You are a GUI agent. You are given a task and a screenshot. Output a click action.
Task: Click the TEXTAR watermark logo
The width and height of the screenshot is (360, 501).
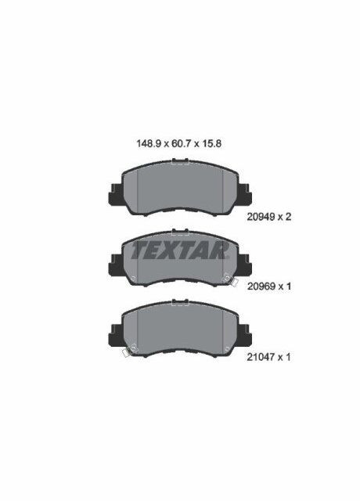coord(179,251)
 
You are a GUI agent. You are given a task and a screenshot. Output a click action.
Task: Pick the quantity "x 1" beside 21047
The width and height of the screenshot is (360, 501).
coord(288,357)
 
